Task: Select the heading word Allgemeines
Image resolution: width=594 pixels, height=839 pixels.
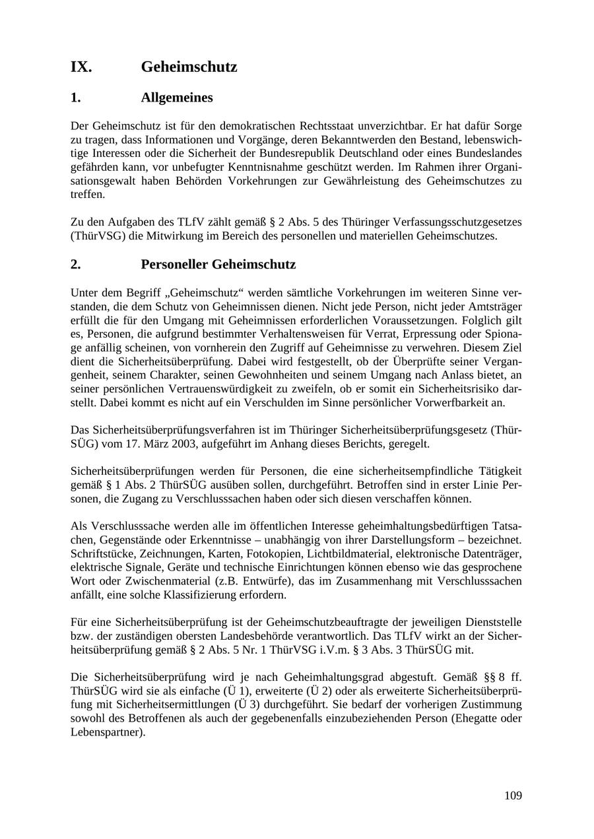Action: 176,98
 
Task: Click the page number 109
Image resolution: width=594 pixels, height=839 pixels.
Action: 513,795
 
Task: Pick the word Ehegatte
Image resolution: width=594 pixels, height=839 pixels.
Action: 485,718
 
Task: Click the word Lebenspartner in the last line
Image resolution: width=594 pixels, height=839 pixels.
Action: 106,732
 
